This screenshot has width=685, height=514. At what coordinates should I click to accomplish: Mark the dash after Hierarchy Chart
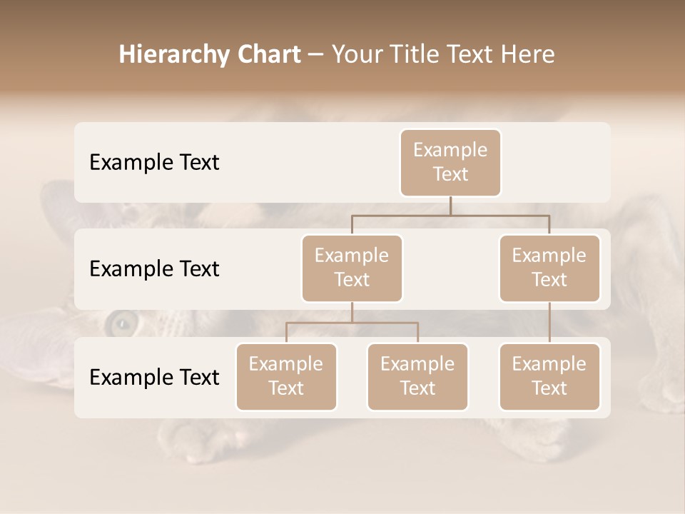point(316,55)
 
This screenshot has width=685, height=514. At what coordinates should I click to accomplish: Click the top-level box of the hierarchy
point(450,162)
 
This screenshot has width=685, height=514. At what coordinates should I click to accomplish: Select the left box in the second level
point(352,268)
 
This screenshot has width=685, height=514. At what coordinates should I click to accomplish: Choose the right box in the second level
point(549,268)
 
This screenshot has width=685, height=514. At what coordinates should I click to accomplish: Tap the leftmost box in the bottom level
point(286,376)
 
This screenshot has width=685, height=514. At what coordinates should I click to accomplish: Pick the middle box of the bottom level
point(417,376)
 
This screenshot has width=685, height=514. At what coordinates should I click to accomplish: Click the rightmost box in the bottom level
point(549,376)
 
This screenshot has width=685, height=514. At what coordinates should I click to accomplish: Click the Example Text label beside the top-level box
point(154,162)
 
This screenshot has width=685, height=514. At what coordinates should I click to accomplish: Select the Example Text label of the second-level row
point(154,268)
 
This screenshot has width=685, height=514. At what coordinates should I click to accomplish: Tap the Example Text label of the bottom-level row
point(154,377)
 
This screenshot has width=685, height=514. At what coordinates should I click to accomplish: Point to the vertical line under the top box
point(450,206)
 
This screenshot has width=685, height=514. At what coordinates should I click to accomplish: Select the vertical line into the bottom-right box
point(549,323)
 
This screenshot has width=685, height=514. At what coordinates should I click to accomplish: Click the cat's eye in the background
point(121,325)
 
